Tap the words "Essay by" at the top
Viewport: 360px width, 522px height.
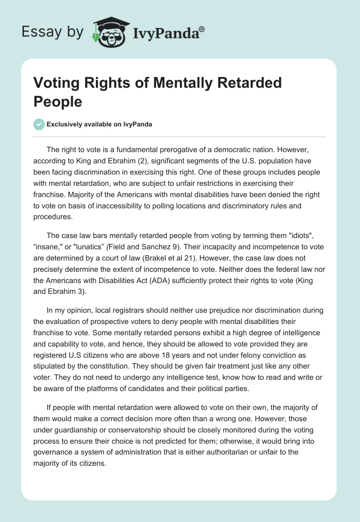pos(52,32)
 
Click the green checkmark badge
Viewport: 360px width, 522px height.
pos(39,124)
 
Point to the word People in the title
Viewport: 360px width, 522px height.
pos(58,102)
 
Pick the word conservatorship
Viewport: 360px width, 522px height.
pos(137,432)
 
